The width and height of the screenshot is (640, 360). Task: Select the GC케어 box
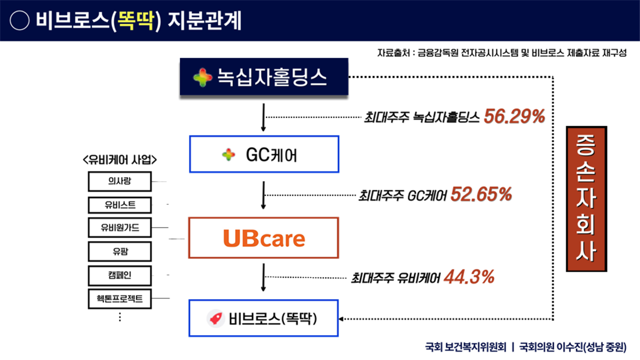(264, 154)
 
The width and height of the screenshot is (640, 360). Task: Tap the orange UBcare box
(264, 238)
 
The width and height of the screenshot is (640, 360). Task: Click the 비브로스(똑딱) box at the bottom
(264, 318)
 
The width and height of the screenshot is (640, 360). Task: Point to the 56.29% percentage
(515, 117)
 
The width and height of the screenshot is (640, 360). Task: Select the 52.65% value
(481, 195)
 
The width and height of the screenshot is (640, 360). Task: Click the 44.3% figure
(469, 277)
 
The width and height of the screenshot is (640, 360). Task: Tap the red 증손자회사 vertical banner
(587, 199)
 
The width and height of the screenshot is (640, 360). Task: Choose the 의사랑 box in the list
(120, 181)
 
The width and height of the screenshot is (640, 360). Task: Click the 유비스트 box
(120, 205)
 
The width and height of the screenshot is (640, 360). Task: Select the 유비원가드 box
(120, 228)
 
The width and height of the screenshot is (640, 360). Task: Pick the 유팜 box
(120, 251)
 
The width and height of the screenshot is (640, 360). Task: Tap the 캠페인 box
(120, 275)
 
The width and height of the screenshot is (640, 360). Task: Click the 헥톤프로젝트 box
(120, 298)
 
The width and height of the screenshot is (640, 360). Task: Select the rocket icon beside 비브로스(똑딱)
(215, 318)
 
